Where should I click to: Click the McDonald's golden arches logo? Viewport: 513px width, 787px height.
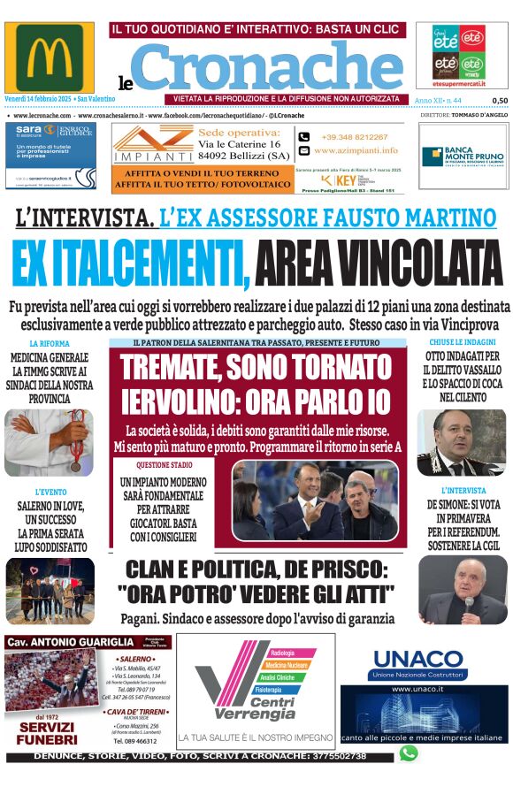coord(49,58)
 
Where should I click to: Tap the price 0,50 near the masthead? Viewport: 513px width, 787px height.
coord(500,101)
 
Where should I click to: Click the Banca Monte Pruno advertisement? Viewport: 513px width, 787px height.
coord(462,155)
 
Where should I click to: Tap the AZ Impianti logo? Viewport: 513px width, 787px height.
coord(147,142)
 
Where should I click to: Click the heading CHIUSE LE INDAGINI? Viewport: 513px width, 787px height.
coord(463,342)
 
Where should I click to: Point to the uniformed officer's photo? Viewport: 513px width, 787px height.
coord(462,442)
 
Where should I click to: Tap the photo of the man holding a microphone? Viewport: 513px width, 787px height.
coord(462,590)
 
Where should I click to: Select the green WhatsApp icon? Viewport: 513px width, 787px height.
coord(408,753)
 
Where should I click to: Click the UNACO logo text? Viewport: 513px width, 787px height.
coord(417,659)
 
